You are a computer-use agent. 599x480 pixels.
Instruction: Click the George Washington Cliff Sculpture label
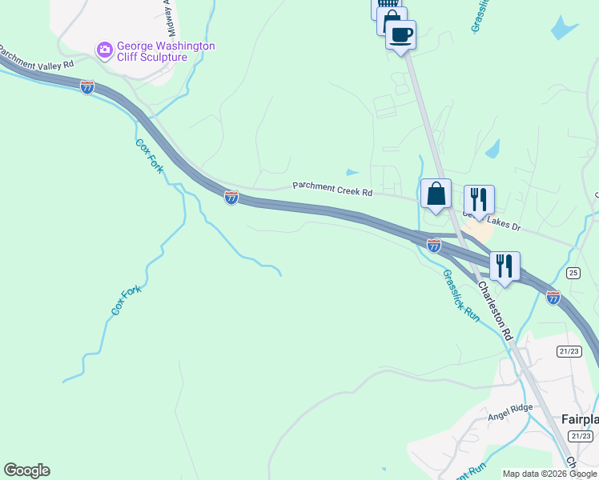click(166, 52)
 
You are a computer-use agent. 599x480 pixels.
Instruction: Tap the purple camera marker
click(104, 51)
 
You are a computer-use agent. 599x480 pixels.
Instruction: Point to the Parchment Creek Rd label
click(332, 188)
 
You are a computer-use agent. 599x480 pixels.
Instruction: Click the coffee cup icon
click(400, 34)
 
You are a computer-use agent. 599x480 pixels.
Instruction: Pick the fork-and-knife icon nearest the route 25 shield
click(505, 266)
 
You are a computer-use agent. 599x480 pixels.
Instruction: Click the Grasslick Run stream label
click(460, 295)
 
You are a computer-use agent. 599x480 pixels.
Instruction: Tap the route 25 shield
click(573, 273)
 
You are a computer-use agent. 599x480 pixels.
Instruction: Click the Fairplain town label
click(579, 419)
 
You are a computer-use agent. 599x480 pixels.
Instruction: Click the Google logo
click(26, 470)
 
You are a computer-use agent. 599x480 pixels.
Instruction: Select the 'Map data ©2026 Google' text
click(549, 474)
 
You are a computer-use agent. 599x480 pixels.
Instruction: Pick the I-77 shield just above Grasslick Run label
click(433, 246)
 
